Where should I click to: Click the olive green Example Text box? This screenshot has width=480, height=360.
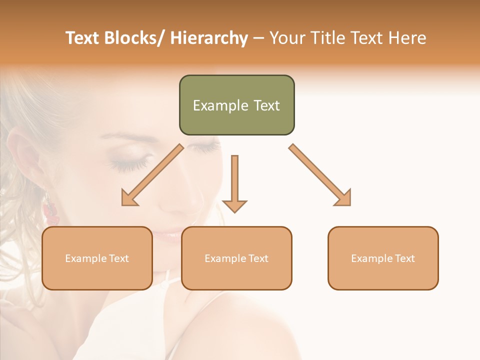coord(236,105)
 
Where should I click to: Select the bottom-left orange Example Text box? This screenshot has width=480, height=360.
coord(97,258)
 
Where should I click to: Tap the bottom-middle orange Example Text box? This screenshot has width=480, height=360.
coord(236,258)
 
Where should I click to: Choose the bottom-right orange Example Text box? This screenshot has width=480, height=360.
coord(383,258)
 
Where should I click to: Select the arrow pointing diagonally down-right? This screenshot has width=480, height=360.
coord(320,175)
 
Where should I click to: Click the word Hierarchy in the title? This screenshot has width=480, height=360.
coord(208,38)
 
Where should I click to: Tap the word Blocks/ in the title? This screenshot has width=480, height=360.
coord(130,38)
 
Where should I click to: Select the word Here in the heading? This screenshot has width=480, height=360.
coord(408,38)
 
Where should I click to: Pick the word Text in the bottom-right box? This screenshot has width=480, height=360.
coord(404,258)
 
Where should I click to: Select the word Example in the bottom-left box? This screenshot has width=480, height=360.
coord(85,258)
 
